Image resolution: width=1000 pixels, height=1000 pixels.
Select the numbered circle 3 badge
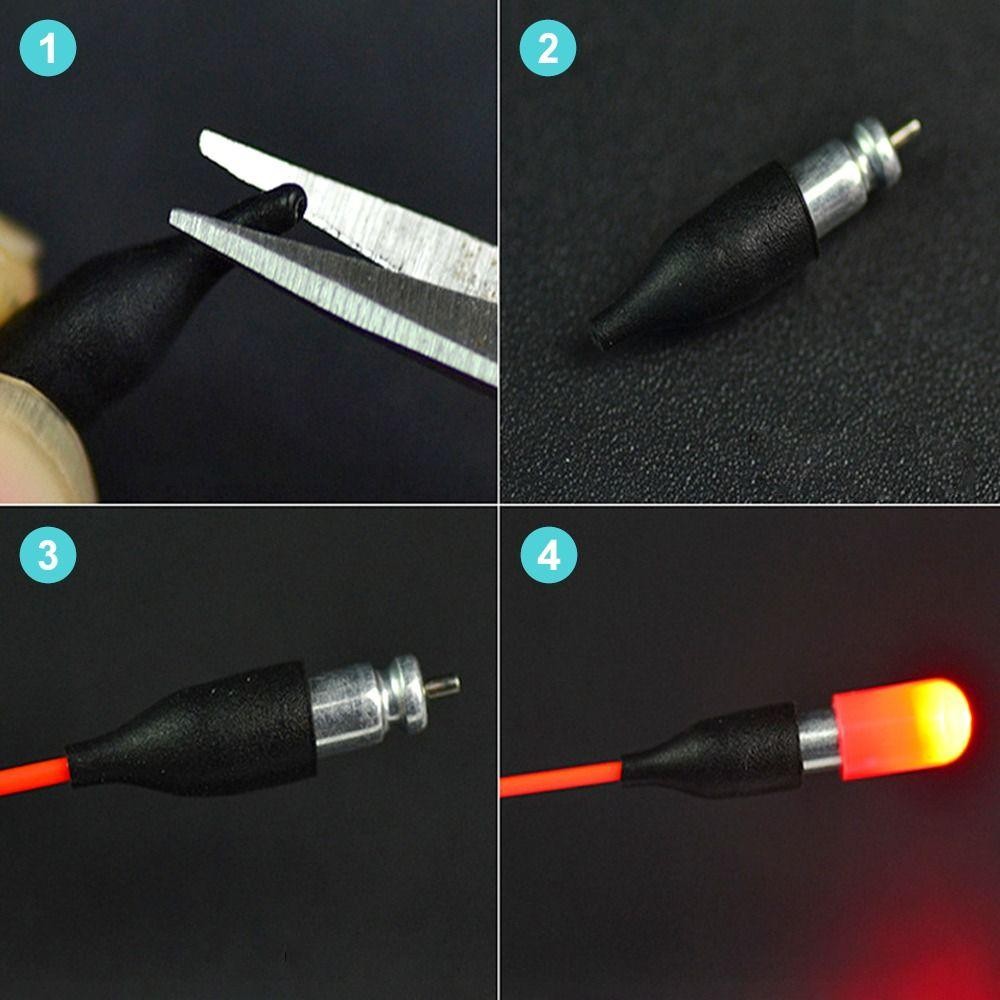click(x=47, y=556)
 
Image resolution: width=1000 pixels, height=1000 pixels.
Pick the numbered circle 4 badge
click(x=548, y=556)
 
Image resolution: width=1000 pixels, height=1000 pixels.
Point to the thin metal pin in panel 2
click(x=906, y=131)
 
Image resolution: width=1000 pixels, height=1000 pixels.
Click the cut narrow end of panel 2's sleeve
click(x=600, y=332)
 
